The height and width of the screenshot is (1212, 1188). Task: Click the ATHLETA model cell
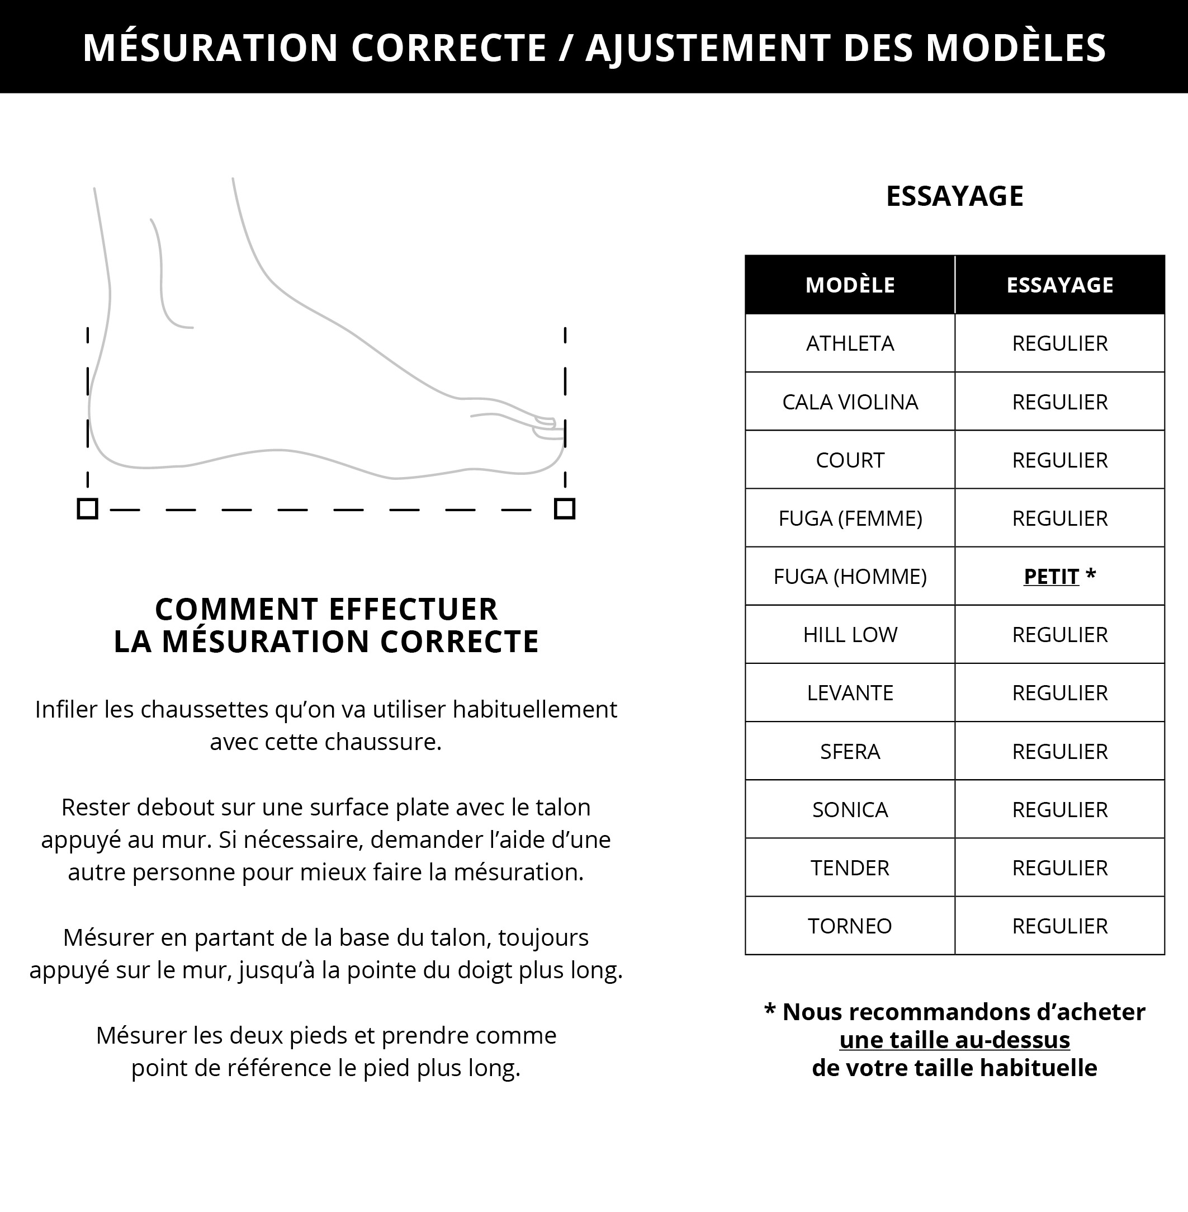[x=849, y=343]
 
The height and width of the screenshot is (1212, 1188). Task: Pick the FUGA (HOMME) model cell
[x=849, y=577]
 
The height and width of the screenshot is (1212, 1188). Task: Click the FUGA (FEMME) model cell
[x=849, y=518]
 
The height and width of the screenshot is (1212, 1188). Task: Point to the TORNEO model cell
[x=849, y=926]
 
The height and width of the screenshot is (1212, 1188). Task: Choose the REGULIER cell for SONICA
[x=1059, y=809]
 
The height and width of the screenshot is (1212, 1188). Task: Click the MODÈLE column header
[x=849, y=285]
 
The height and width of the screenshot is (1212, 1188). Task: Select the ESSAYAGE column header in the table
[x=1059, y=285]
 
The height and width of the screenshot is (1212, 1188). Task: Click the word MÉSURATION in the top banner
[x=210, y=48]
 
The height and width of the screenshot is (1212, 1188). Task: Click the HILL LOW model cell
[x=849, y=635]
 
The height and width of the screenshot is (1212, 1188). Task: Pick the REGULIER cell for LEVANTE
[x=1059, y=693]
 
